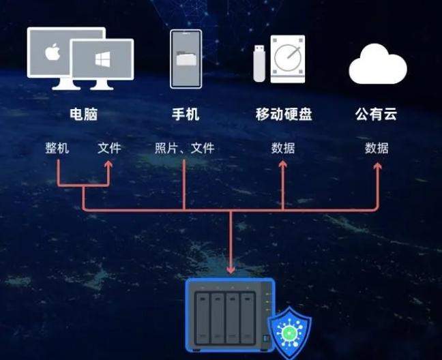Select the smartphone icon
pos(186,59)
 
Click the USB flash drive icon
pos(260,62)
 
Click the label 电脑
pos(83,115)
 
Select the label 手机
pos(186,115)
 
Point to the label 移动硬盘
pos(283,115)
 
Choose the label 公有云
pos(377,115)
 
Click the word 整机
pos(57,148)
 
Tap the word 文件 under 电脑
pos(109,148)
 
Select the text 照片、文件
pos(185,148)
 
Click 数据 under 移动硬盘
pos(283,148)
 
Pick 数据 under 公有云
pos(377,148)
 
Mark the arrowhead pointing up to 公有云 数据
pos(377,166)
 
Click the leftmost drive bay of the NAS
pos(203,317)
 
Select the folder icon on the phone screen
pos(186,59)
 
